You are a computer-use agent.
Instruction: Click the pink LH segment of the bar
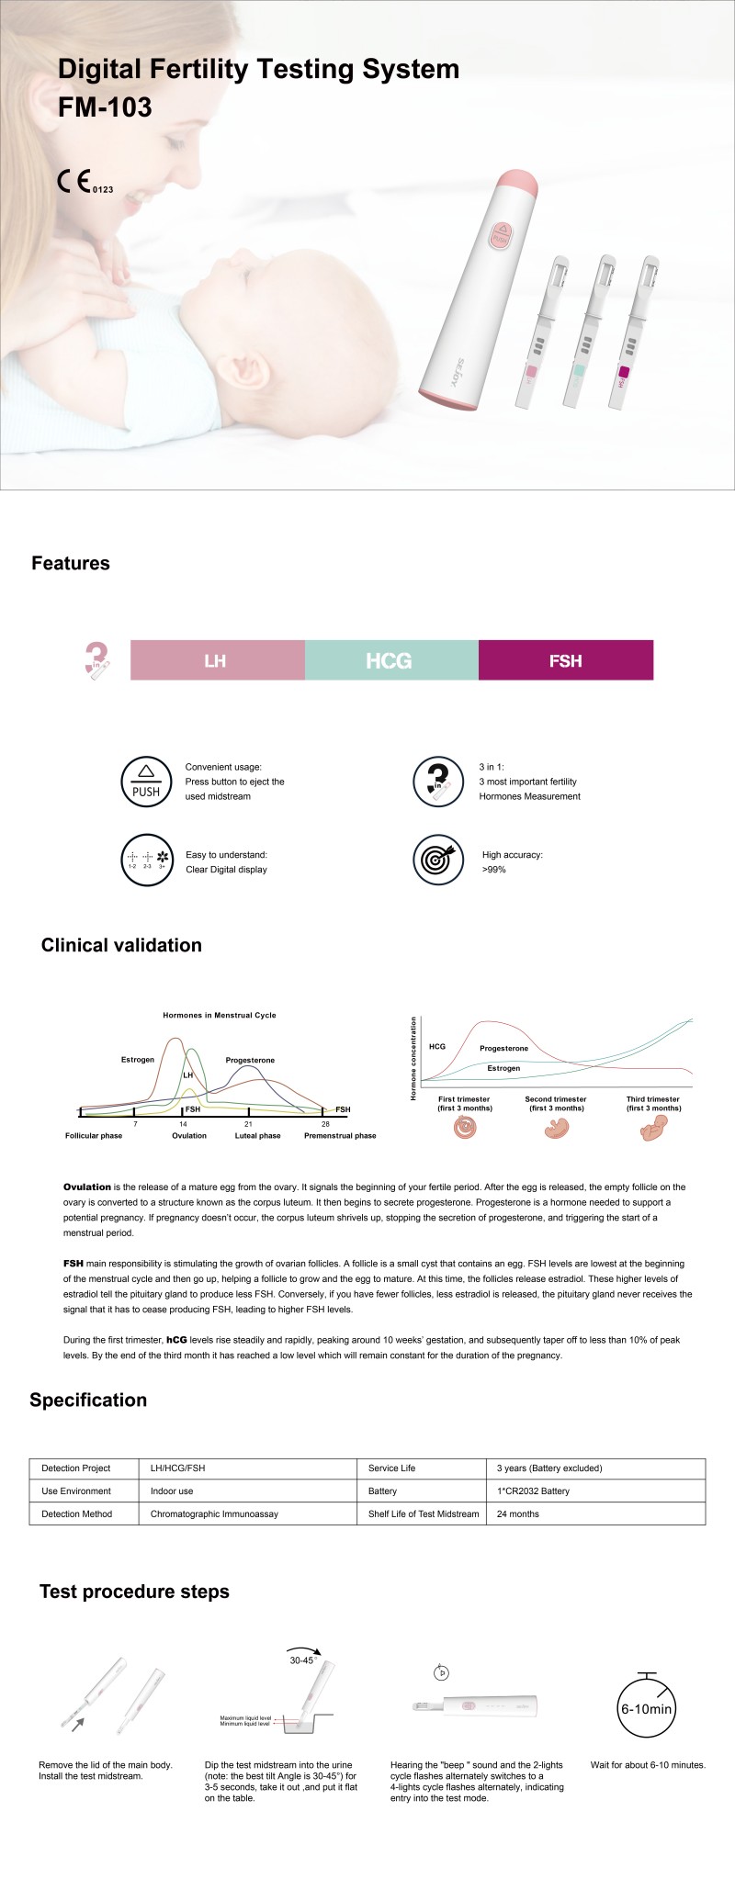pyautogui.click(x=217, y=660)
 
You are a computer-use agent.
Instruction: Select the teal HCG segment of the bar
pyautogui.click(x=390, y=660)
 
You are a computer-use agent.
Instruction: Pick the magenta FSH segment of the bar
pyautogui.click(x=565, y=660)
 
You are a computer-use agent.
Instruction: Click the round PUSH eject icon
pyautogui.click(x=146, y=782)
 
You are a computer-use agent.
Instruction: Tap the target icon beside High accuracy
pyautogui.click(x=437, y=860)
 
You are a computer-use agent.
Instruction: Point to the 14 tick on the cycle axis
pyautogui.click(x=183, y=1124)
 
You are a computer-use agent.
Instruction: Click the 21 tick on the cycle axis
pyautogui.click(x=248, y=1124)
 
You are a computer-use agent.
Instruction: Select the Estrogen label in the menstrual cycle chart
pyautogui.click(x=138, y=1060)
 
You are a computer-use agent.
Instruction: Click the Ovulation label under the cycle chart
pyautogui.click(x=189, y=1136)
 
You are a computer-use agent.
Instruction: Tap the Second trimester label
pyautogui.click(x=556, y=1099)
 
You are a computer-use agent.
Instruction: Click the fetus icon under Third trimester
pyautogui.click(x=653, y=1129)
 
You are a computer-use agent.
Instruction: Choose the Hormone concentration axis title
pyautogui.click(x=413, y=1058)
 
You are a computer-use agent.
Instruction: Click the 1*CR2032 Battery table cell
pyautogui.click(x=533, y=1491)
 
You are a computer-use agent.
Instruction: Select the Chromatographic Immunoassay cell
pyautogui.click(x=214, y=1514)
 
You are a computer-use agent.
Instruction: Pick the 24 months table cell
pyautogui.click(x=518, y=1514)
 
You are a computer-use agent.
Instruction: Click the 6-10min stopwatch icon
pyautogui.click(x=647, y=1707)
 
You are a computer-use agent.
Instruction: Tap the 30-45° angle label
pyautogui.click(x=302, y=1660)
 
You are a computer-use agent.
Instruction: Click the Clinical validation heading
pyautogui.click(x=121, y=946)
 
